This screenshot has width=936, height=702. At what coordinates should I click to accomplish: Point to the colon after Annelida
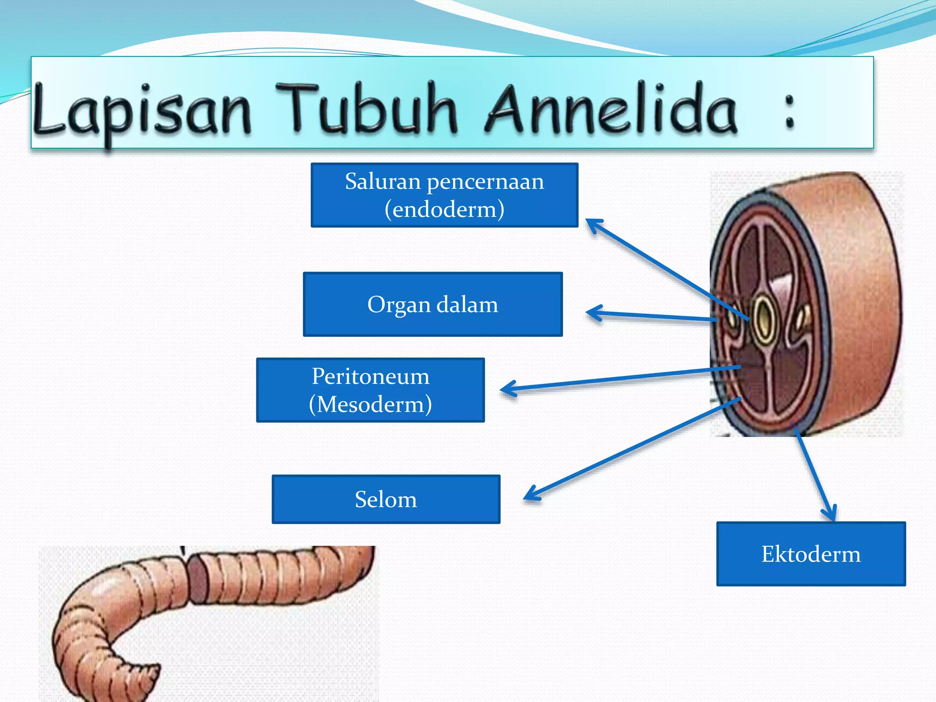click(789, 112)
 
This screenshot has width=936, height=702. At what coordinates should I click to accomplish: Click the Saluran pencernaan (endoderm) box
click(444, 195)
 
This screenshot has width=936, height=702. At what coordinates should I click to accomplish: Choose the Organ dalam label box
click(432, 304)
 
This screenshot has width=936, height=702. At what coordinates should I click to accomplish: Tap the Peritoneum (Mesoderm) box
click(370, 390)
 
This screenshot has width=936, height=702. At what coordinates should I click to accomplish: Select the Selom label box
click(386, 499)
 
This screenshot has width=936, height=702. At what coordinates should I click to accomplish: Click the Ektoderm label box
click(811, 554)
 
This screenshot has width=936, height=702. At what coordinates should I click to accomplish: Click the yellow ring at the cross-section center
click(763, 319)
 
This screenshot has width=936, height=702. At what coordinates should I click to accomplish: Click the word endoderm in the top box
click(444, 209)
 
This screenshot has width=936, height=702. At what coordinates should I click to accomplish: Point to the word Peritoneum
click(370, 376)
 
